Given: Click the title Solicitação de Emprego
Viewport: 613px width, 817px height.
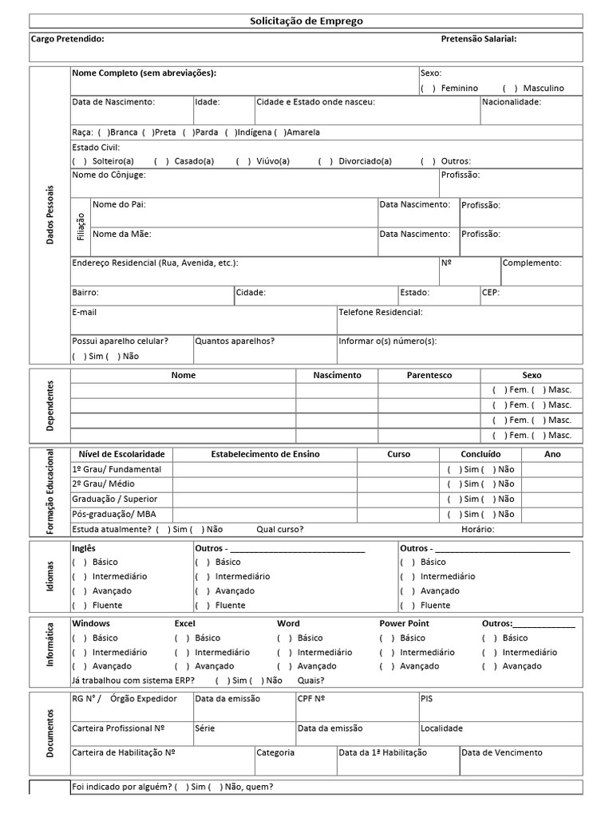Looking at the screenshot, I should click(x=306, y=21).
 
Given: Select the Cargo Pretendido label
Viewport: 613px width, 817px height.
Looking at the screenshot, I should click(x=67, y=38).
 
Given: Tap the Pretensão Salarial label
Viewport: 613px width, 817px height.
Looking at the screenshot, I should click(x=478, y=38).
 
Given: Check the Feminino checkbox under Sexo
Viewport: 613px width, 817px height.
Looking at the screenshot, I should click(x=428, y=88).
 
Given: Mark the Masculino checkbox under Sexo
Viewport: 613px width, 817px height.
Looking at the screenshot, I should click(x=510, y=88).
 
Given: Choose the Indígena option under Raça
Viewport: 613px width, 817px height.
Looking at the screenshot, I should click(x=231, y=132).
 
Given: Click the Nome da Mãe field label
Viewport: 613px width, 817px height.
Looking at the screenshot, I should click(x=121, y=234).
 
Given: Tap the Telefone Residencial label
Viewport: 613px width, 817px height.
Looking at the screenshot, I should click(x=381, y=312).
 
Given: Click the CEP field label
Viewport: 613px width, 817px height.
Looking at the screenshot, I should click(x=490, y=293).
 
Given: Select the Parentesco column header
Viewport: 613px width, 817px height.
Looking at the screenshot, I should click(x=429, y=375).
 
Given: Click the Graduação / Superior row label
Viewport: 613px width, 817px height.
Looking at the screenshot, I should click(x=114, y=499).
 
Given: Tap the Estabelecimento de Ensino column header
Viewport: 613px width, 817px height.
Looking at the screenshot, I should click(x=265, y=454).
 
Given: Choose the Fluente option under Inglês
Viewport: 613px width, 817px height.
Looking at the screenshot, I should click(x=79, y=605).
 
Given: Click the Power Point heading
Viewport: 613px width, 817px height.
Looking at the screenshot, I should click(x=404, y=623).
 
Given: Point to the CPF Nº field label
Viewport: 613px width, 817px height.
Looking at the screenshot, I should click(x=311, y=698).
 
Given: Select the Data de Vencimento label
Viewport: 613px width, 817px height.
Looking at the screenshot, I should click(x=501, y=752).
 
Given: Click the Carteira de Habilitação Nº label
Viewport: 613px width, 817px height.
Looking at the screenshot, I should click(x=124, y=752).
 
